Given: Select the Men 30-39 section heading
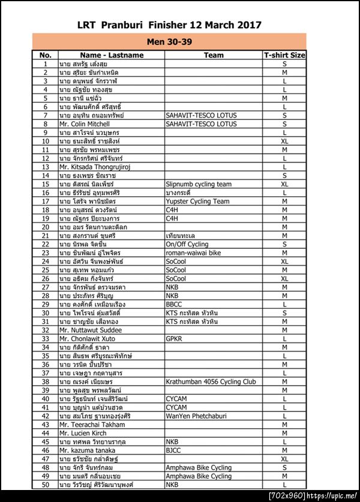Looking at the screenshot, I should (169, 42).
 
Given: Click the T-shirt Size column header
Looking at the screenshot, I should (284, 55).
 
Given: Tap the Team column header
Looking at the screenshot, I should (214, 55).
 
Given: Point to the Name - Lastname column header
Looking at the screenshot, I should (112, 55).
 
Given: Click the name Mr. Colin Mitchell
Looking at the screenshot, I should (85, 124).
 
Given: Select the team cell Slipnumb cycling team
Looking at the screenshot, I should (199, 184).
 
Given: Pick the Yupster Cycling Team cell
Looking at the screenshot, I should (197, 202).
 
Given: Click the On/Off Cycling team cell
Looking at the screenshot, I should (187, 244).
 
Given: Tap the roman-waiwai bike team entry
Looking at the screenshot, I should (193, 253).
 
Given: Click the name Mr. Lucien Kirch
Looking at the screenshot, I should (83, 433).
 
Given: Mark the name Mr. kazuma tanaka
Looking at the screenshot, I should (87, 450).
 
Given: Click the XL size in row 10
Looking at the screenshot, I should (284, 141).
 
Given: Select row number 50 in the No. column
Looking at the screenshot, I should (45, 484).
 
